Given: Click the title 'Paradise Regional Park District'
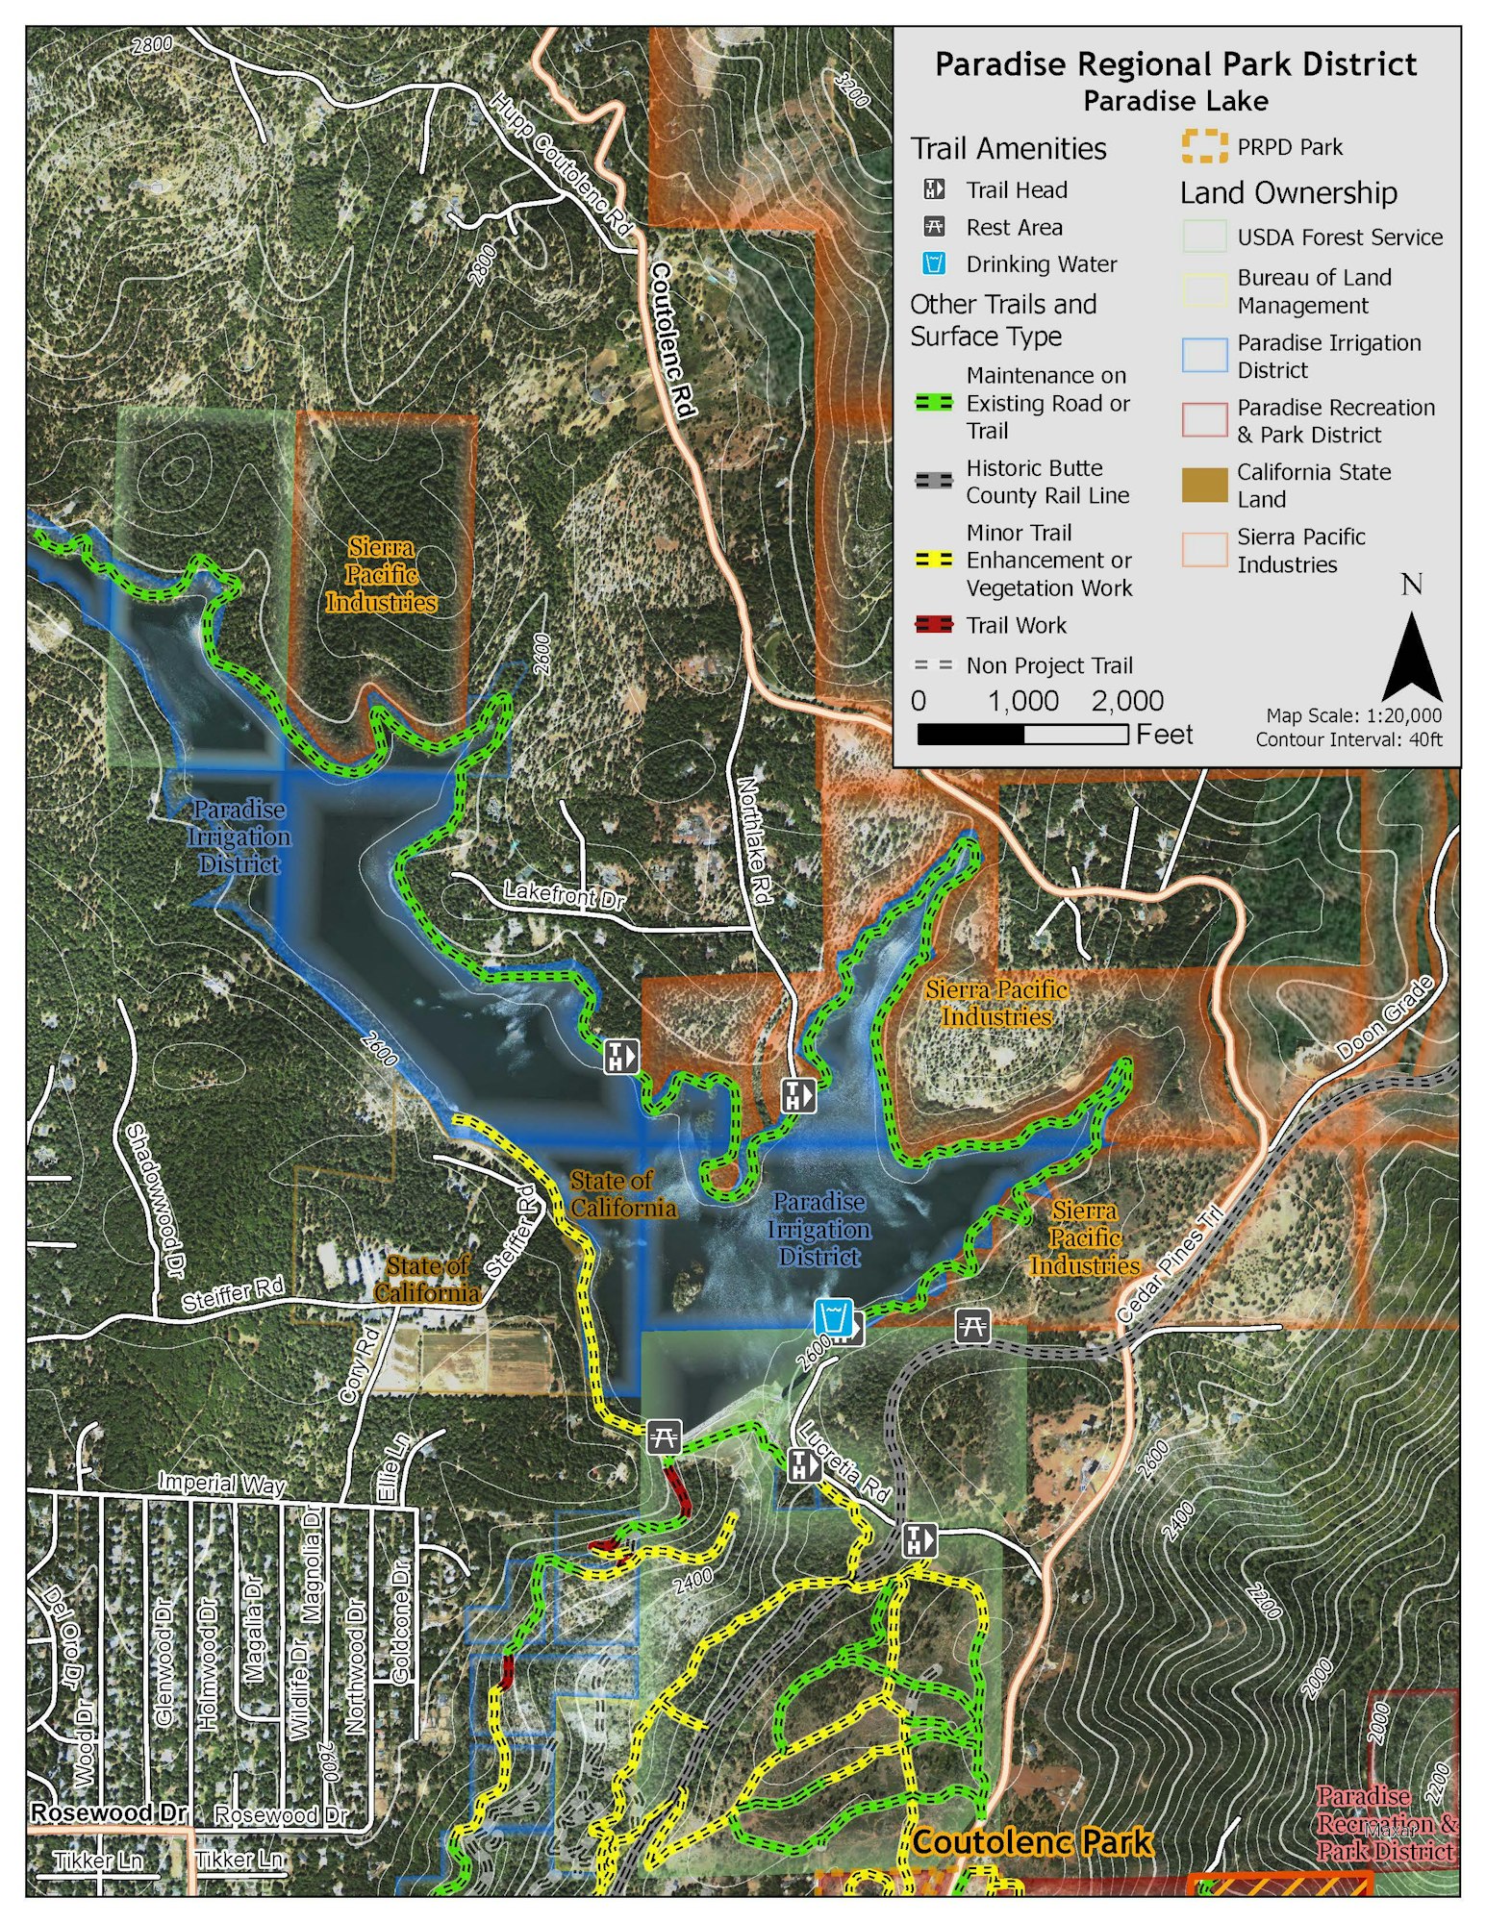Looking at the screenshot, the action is (1175, 65).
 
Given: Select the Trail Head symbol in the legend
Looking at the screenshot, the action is (933, 189).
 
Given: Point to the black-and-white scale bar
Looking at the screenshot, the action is (1022, 735).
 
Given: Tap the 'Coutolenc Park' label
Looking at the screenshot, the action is (1031, 1841).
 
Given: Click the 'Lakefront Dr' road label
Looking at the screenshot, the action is (565, 895).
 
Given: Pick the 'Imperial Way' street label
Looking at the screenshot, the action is (222, 1482).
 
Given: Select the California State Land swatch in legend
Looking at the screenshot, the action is (1204, 485).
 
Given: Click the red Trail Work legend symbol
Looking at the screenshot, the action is (933, 625).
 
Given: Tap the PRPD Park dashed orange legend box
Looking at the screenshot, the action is (1204, 147).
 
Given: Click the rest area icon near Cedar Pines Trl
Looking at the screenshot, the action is (972, 1326).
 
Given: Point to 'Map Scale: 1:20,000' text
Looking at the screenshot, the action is (1353, 715).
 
